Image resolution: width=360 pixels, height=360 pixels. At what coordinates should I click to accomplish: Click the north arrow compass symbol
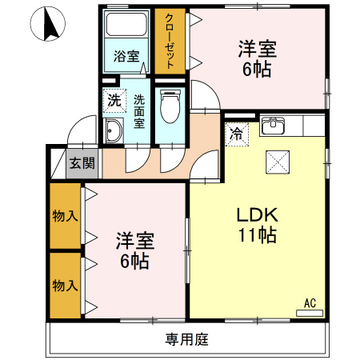[x=48, y=24]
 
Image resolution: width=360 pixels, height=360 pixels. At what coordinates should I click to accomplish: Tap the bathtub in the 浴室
[x=126, y=25]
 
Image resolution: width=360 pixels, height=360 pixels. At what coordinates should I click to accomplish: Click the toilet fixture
[x=170, y=106]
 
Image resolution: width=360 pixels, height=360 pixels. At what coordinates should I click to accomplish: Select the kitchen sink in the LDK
[x=273, y=126]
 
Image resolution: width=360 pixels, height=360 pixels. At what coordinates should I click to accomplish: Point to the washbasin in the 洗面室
[x=114, y=130]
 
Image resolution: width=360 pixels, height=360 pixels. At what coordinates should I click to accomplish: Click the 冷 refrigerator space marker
[x=237, y=134]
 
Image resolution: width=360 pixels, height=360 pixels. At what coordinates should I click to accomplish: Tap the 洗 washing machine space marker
[x=114, y=100]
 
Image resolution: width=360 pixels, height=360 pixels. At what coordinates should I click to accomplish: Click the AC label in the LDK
[x=310, y=303]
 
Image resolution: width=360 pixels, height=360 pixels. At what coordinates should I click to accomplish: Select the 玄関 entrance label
[x=82, y=163]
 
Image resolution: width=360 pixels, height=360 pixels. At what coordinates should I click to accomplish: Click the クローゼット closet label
[x=170, y=41]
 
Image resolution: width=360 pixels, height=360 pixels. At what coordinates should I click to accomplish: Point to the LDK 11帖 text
[x=258, y=225]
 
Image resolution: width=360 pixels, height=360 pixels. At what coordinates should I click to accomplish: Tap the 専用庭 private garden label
[x=186, y=339]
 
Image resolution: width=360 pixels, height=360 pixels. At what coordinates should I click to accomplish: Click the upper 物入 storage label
[x=66, y=216]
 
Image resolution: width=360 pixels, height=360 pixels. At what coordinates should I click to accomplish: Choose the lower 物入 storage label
[x=66, y=286]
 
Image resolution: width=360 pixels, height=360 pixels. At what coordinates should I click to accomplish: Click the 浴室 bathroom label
[x=126, y=56]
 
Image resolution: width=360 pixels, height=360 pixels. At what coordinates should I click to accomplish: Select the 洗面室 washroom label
[x=139, y=111]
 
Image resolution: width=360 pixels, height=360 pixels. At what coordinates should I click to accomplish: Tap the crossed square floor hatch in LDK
[x=278, y=162]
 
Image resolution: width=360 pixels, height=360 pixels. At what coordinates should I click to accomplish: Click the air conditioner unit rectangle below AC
[x=310, y=313]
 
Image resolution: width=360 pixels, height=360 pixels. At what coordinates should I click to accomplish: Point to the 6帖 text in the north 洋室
[x=257, y=70]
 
